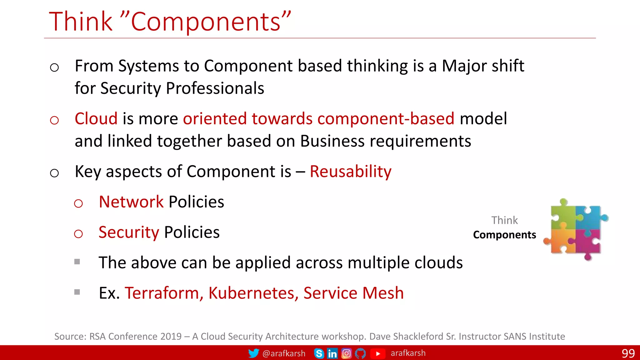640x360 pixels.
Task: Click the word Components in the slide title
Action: click(206, 22)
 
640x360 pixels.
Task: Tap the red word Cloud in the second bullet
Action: click(96, 119)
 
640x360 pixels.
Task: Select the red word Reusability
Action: click(350, 172)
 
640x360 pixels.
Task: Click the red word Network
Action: click(131, 202)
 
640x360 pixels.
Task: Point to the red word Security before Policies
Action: click(129, 232)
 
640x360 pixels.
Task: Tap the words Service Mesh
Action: click(353, 293)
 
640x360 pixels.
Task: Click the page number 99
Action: click(628, 353)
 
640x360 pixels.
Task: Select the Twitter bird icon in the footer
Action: click(253, 353)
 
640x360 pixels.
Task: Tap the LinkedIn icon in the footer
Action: click(332, 353)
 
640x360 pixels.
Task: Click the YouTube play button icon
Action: click(378, 353)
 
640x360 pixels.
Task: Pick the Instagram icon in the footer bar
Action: click(346, 353)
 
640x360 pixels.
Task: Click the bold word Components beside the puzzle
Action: click(504, 235)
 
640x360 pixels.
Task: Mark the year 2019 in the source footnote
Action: click(171, 337)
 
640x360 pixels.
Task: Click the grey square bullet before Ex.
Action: click(77, 292)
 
